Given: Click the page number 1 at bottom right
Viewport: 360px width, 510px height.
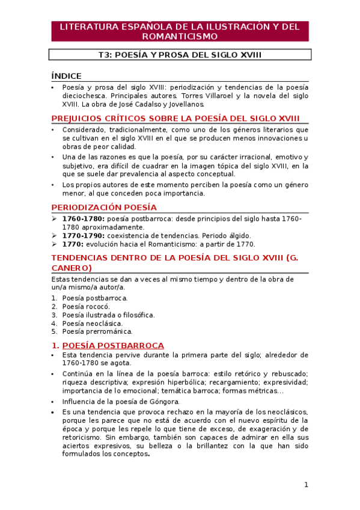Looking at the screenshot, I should (x=306, y=485).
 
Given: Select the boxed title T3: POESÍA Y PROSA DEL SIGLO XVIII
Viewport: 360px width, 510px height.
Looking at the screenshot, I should (x=180, y=55).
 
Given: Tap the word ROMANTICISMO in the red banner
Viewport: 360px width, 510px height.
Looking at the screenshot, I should (x=180, y=36).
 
